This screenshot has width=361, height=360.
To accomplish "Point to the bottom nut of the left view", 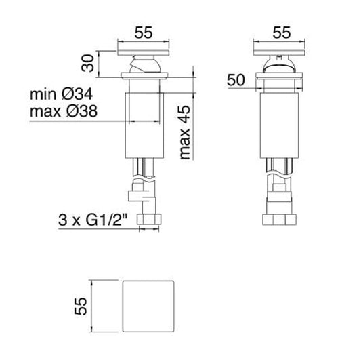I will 148,220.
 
